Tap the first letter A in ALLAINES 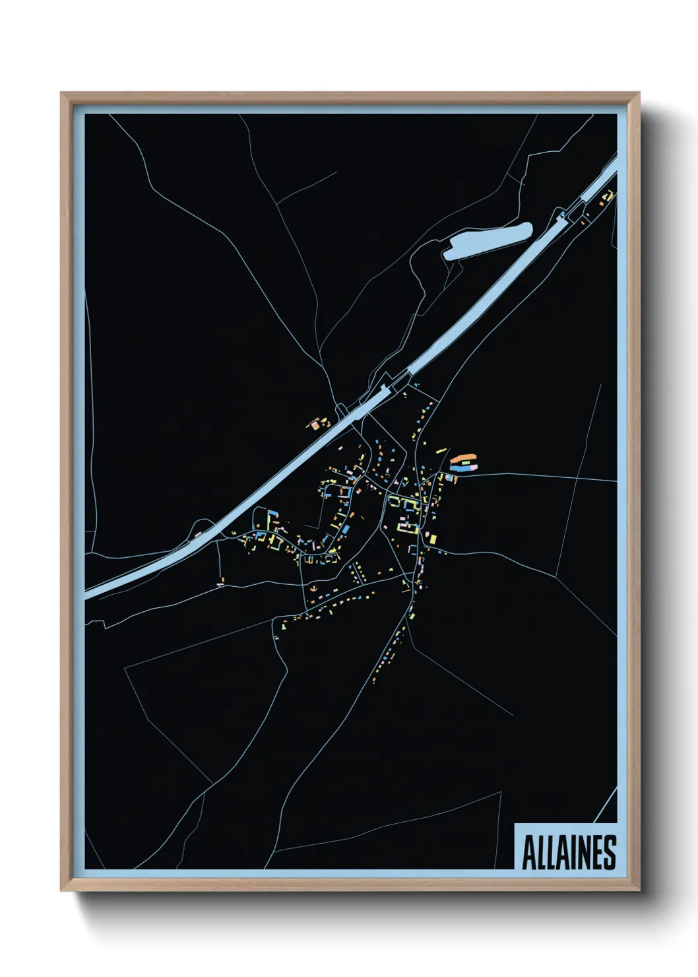pyautogui.click(x=528, y=853)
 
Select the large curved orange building pyautogui.click(x=463, y=457)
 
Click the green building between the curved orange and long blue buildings pyautogui.click(x=466, y=463)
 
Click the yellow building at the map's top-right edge pyautogui.click(x=610, y=195)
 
